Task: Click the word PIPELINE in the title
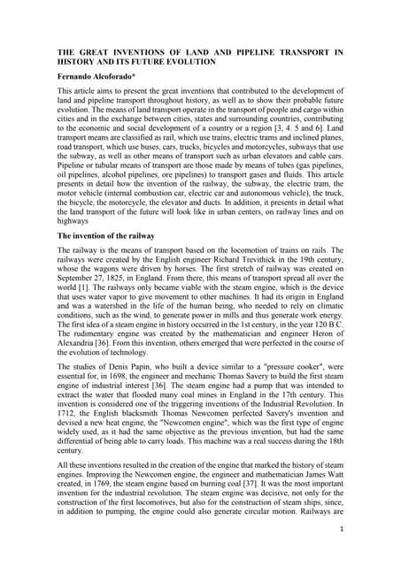pyautogui.click(x=275, y=53)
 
